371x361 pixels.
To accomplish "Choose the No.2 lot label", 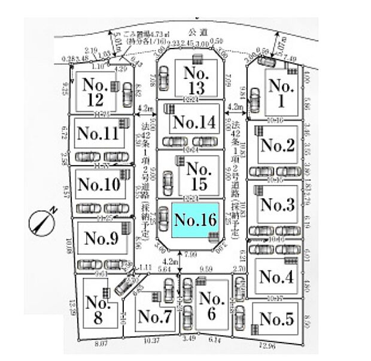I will tap(277, 145).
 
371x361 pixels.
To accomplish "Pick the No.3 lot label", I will tap(277, 205).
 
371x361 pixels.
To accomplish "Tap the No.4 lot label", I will tap(277, 277).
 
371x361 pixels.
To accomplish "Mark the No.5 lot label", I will tap(277, 319).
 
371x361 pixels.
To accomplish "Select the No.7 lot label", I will tap(155, 318).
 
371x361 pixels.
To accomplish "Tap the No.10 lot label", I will tap(99, 184).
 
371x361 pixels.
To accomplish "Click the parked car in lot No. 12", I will tap(127, 93).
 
